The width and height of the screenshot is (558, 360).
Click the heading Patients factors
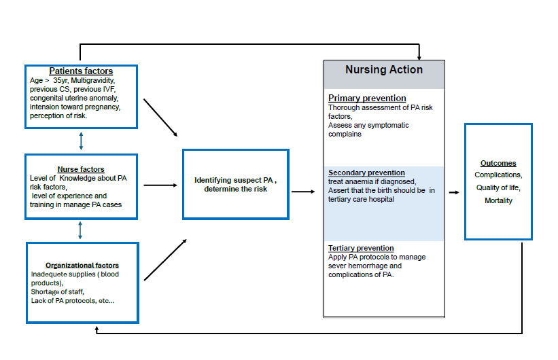pos(81,71)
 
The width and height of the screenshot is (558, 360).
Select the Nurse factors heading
pos(81,169)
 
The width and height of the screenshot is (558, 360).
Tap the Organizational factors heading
pos(82,266)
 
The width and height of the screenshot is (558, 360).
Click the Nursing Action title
pos(384,70)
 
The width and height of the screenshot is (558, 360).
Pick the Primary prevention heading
pos(367,98)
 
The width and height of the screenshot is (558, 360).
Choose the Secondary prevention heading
pos(366,173)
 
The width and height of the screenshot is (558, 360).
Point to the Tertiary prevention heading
pos(361,249)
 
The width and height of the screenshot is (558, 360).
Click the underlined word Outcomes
pos(498,163)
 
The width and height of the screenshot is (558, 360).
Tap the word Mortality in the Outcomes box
pos(498,200)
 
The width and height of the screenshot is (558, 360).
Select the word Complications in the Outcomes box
pos(498,175)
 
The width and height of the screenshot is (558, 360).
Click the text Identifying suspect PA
pos(233,181)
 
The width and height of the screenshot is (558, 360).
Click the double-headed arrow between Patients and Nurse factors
pos(81,141)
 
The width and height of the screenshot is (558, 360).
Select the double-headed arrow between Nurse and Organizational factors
pos(80,230)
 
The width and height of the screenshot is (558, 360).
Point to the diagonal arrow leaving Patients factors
pos(160,118)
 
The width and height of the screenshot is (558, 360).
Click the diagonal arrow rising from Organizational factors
pos(165,260)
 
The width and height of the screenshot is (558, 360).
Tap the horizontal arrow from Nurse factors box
pos(160,185)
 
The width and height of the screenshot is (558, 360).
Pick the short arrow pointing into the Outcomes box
pos(454,192)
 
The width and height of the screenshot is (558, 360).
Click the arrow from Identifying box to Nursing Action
pos(303,192)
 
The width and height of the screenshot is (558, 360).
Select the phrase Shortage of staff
pos(58,292)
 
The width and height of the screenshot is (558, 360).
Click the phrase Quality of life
pos(498,188)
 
